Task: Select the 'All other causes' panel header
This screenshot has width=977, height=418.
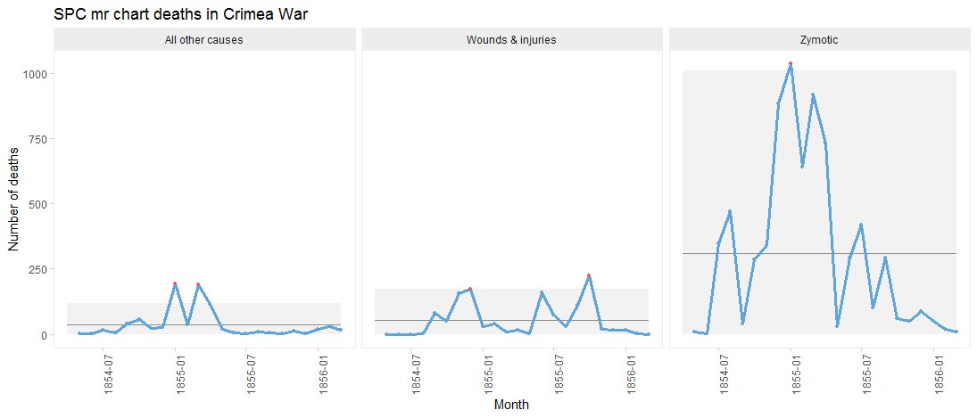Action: (x=204, y=40)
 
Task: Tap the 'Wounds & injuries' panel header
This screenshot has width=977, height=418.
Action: (x=511, y=40)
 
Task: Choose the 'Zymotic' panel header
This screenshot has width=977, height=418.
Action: (x=819, y=40)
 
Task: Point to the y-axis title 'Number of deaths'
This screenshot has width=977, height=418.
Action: (x=14, y=204)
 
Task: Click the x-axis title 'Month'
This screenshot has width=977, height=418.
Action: (x=511, y=405)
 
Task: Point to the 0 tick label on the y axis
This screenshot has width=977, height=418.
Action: (x=46, y=334)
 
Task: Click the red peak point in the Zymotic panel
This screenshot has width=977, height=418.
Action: (x=791, y=64)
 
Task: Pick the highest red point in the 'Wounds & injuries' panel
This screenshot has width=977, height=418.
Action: (x=589, y=276)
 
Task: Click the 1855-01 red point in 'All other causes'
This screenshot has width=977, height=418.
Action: (x=175, y=283)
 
